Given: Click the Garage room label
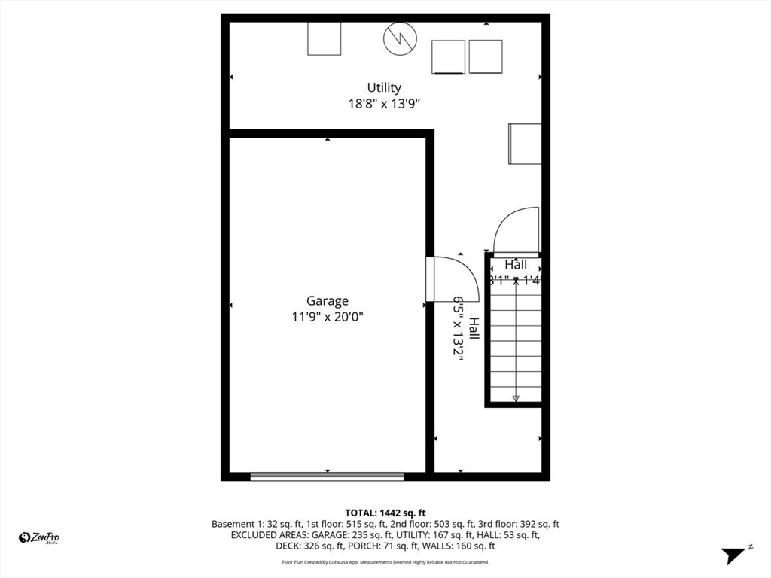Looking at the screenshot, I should pyautogui.click(x=327, y=301).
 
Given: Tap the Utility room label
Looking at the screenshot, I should pyautogui.click(x=384, y=87).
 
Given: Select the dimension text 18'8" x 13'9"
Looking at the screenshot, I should pyautogui.click(x=384, y=104).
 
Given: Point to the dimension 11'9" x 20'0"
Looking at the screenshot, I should pyautogui.click(x=327, y=318).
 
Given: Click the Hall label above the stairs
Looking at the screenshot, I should pyautogui.click(x=516, y=265).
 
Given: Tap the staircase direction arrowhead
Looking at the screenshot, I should pyautogui.click(x=516, y=398).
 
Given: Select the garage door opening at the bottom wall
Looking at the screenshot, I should pyautogui.click(x=327, y=476).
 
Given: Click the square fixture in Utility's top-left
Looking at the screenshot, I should pyautogui.click(x=324, y=38).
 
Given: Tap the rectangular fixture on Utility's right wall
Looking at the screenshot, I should pyautogui.click(x=525, y=143).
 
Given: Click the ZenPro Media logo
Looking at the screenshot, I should pyautogui.click(x=39, y=537).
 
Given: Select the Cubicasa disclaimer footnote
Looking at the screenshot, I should pyautogui.click(x=385, y=562).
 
